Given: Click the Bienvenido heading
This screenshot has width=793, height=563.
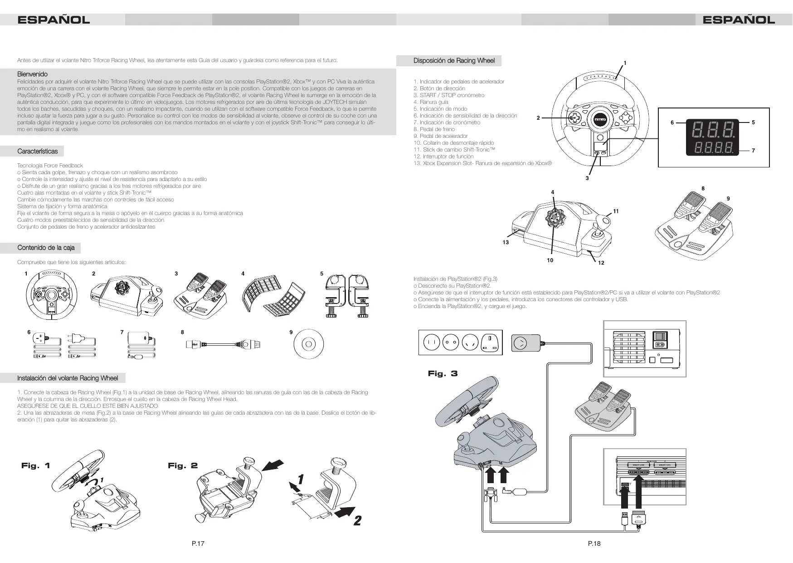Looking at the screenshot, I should (x=32, y=74).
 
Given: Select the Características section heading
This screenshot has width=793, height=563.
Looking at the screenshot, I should (x=38, y=151).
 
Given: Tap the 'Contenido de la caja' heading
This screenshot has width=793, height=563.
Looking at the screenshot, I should (x=46, y=248).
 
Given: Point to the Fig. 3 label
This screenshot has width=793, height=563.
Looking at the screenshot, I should (x=443, y=374).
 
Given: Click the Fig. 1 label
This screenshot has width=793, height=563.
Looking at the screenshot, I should (x=36, y=466).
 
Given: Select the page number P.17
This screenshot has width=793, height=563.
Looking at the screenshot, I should (x=198, y=543).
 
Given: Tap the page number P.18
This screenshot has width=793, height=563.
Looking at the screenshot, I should (x=594, y=543).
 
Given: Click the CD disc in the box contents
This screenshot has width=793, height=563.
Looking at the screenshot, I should (x=308, y=344).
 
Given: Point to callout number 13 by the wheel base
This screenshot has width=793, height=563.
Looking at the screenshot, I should (x=506, y=243).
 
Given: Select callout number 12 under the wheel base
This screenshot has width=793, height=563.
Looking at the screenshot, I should (x=601, y=263).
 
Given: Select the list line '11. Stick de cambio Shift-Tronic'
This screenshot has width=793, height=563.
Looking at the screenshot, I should (x=454, y=150).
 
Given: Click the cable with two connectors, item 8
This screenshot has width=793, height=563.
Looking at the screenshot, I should (x=223, y=345).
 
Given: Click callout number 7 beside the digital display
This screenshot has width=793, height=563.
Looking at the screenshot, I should (x=753, y=151).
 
